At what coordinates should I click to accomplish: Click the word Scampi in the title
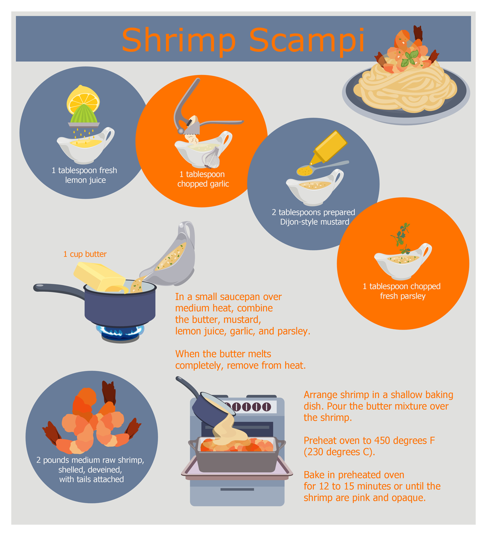pos(307,40)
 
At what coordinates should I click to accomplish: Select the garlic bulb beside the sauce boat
pos(211,158)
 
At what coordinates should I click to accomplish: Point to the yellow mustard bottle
pos(329,147)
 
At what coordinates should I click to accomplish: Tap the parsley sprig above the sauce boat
pos(401,238)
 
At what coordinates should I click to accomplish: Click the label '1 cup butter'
pos(85,254)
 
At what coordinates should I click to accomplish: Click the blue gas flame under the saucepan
pos(120,331)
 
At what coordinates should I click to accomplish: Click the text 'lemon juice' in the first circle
pos(86,180)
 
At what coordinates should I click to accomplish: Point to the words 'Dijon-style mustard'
pos(314,222)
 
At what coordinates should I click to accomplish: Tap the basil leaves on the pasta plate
pos(409,58)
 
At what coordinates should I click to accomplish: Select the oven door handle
pos(237,490)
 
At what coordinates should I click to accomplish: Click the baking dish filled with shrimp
pos(237,454)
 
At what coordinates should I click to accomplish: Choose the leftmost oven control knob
pos(236,406)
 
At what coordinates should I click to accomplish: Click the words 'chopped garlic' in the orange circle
pos(203,184)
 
